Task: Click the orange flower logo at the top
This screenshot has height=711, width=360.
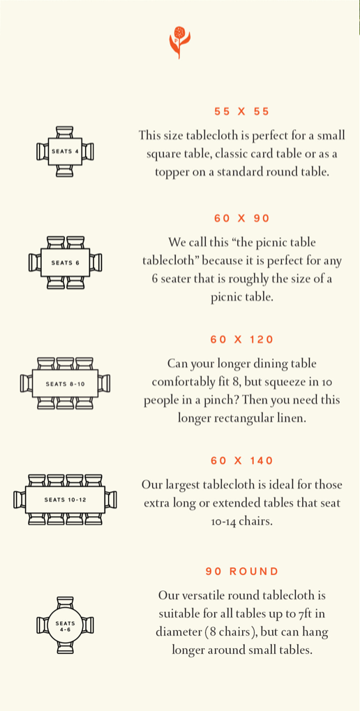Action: [179, 42]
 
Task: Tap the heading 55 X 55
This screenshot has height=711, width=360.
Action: [241, 112]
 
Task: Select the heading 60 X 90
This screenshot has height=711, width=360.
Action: [241, 218]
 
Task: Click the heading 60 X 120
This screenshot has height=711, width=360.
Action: [241, 340]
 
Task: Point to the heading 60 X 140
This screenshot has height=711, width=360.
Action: [241, 461]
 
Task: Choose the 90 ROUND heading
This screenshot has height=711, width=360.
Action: [241, 571]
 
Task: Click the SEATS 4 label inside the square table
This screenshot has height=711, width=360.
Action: [66, 151]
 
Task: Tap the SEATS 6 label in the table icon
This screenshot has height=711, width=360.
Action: [66, 262]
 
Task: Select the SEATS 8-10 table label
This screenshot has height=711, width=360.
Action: [66, 384]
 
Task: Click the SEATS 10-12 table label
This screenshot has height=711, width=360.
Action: [66, 500]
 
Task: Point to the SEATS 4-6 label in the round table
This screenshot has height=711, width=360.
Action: [66, 626]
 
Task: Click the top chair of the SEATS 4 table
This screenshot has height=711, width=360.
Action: [66, 132]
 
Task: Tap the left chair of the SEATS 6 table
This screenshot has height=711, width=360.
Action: [35, 262]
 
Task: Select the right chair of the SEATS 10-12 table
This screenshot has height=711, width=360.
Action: [111, 500]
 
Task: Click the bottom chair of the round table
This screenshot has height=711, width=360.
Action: [66, 648]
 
